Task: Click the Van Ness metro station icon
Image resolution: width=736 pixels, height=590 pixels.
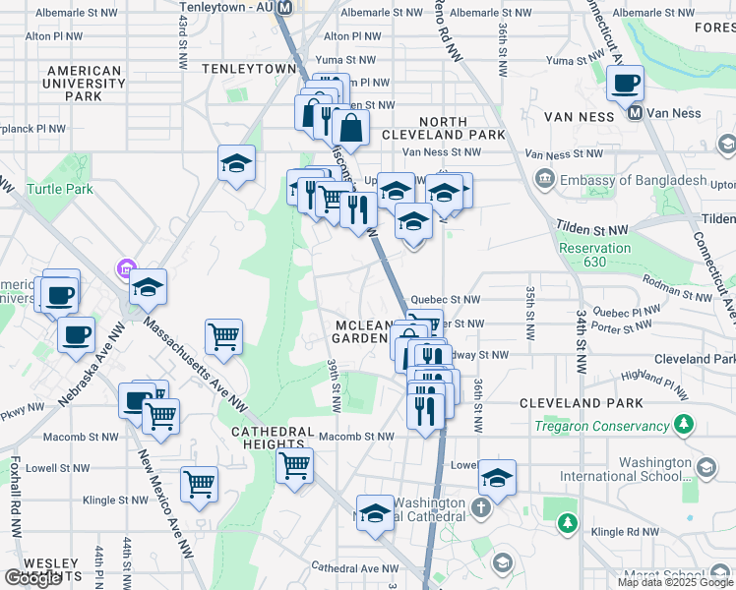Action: pyautogui.click(x=635, y=113)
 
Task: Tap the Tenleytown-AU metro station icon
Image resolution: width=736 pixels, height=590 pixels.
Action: pyautogui.click(x=285, y=7)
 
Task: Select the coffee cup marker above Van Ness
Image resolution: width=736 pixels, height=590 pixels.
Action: pyautogui.click(x=625, y=84)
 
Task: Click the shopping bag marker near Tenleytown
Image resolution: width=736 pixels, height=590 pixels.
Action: pyautogui.click(x=350, y=126)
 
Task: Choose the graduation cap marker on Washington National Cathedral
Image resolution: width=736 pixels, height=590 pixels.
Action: pyautogui.click(x=375, y=513)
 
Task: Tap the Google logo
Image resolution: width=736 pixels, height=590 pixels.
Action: pyautogui.click(x=32, y=578)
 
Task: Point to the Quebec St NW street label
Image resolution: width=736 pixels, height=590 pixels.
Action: pyautogui.click(x=445, y=300)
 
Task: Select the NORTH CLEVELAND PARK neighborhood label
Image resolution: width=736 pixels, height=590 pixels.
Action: pyautogui.click(x=443, y=128)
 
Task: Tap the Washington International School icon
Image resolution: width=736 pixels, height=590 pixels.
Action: pyautogui.click(x=705, y=465)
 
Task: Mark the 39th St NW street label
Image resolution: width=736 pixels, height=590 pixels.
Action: pyautogui.click(x=335, y=384)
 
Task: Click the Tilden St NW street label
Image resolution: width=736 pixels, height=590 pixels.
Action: pyautogui.click(x=591, y=229)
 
